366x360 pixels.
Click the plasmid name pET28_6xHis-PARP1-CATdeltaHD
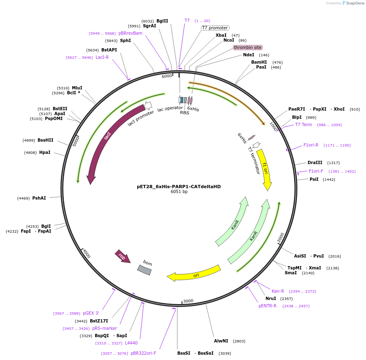point(179,187)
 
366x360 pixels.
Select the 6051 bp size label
point(179,192)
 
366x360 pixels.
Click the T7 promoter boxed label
point(215,28)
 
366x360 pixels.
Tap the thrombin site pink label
point(248,48)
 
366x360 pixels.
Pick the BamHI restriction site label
point(259,62)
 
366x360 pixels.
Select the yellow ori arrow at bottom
point(194,274)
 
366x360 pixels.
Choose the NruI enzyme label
point(270,299)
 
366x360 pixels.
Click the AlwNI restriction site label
point(221,341)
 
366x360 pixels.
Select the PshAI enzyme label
point(39,198)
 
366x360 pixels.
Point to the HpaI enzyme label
point(45,153)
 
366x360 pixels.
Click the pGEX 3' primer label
point(91,313)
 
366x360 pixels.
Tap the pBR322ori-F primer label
point(143,353)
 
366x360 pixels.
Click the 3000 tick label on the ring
point(188,301)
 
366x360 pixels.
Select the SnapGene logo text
point(353,3)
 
